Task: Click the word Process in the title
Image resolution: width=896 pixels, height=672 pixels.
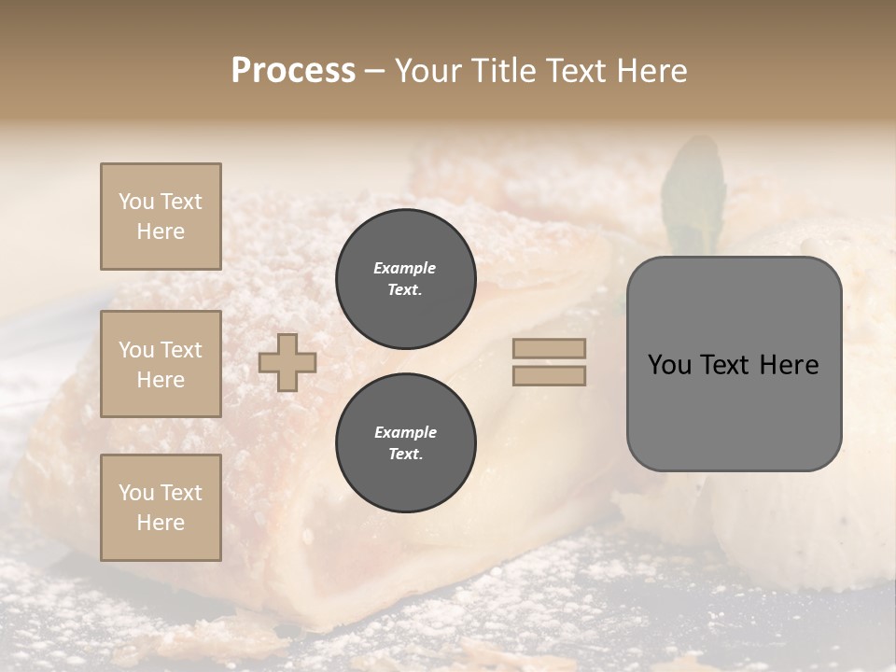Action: (293, 71)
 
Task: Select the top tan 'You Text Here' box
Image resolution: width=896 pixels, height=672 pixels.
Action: (161, 217)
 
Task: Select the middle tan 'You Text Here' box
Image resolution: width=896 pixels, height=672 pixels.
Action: (161, 364)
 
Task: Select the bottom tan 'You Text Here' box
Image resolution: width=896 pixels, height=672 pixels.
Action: (161, 508)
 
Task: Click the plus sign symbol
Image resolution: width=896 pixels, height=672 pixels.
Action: (287, 362)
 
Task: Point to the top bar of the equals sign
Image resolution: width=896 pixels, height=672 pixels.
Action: (550, 348)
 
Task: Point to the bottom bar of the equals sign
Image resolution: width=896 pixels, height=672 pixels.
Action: (550, 375)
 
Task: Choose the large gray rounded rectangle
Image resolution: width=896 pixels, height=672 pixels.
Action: (734, 411)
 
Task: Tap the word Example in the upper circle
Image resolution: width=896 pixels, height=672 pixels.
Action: (405, 268)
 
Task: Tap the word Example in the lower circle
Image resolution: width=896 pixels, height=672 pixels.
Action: (405, 432)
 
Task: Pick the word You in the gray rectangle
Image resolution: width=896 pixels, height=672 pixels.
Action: (669, 365)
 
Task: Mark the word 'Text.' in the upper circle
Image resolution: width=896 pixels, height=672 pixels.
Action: (405, 289)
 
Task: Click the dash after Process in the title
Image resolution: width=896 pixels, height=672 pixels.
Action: (374, 72)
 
